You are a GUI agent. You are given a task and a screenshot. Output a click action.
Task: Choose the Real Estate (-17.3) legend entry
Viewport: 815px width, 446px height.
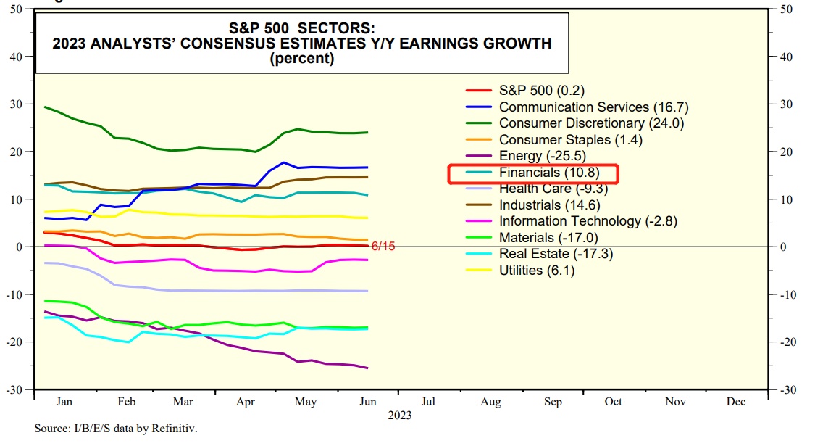pos(560,254)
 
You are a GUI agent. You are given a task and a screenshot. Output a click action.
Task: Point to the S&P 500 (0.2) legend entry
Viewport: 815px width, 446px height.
pos(541,91)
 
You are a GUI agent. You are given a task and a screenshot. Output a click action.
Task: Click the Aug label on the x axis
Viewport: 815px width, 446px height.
pos(490,401)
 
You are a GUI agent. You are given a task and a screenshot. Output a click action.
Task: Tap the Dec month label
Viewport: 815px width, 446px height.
pos(736,401)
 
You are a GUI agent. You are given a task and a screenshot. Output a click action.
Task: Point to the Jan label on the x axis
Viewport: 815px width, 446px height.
pos(64,401)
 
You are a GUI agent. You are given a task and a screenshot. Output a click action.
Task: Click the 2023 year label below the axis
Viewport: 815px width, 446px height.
pos(399,416)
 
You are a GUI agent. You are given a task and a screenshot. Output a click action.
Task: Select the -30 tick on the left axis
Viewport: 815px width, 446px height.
pos(17,389)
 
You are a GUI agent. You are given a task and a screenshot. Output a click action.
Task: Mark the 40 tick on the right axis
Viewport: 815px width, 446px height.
pos(785,57)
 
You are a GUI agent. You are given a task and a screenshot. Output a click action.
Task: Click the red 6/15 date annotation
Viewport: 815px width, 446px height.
pos(382,247)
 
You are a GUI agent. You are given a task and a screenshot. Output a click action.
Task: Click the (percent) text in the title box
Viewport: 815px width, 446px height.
pos(301,59)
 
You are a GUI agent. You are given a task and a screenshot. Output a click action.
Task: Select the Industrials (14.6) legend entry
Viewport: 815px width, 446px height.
pos(551,205)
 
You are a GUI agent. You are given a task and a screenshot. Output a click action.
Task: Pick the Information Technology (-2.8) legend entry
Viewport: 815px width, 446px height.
pos(580,221)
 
